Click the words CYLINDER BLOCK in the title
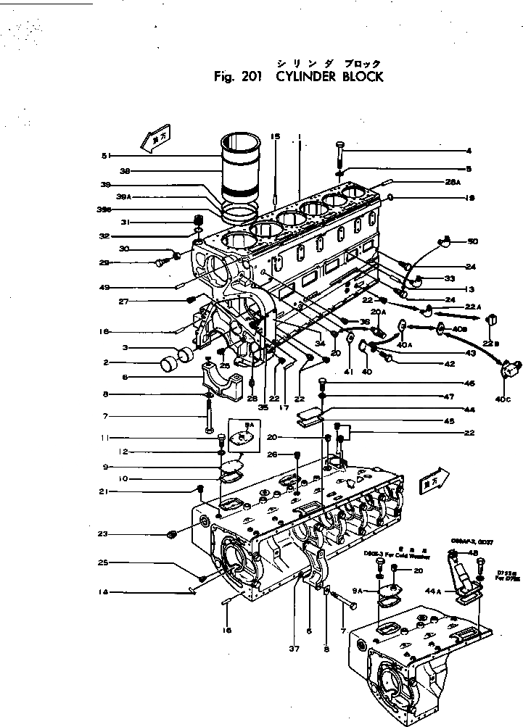point(329,76)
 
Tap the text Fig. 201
point(241,76)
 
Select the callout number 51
point(106,155)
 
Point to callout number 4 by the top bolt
point(469,151)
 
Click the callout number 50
point(473,241)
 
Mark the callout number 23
point(104,535)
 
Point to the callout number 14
point(104,592)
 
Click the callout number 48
point(474,553)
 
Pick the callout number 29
point(104,262)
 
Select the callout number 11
point(104,438)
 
